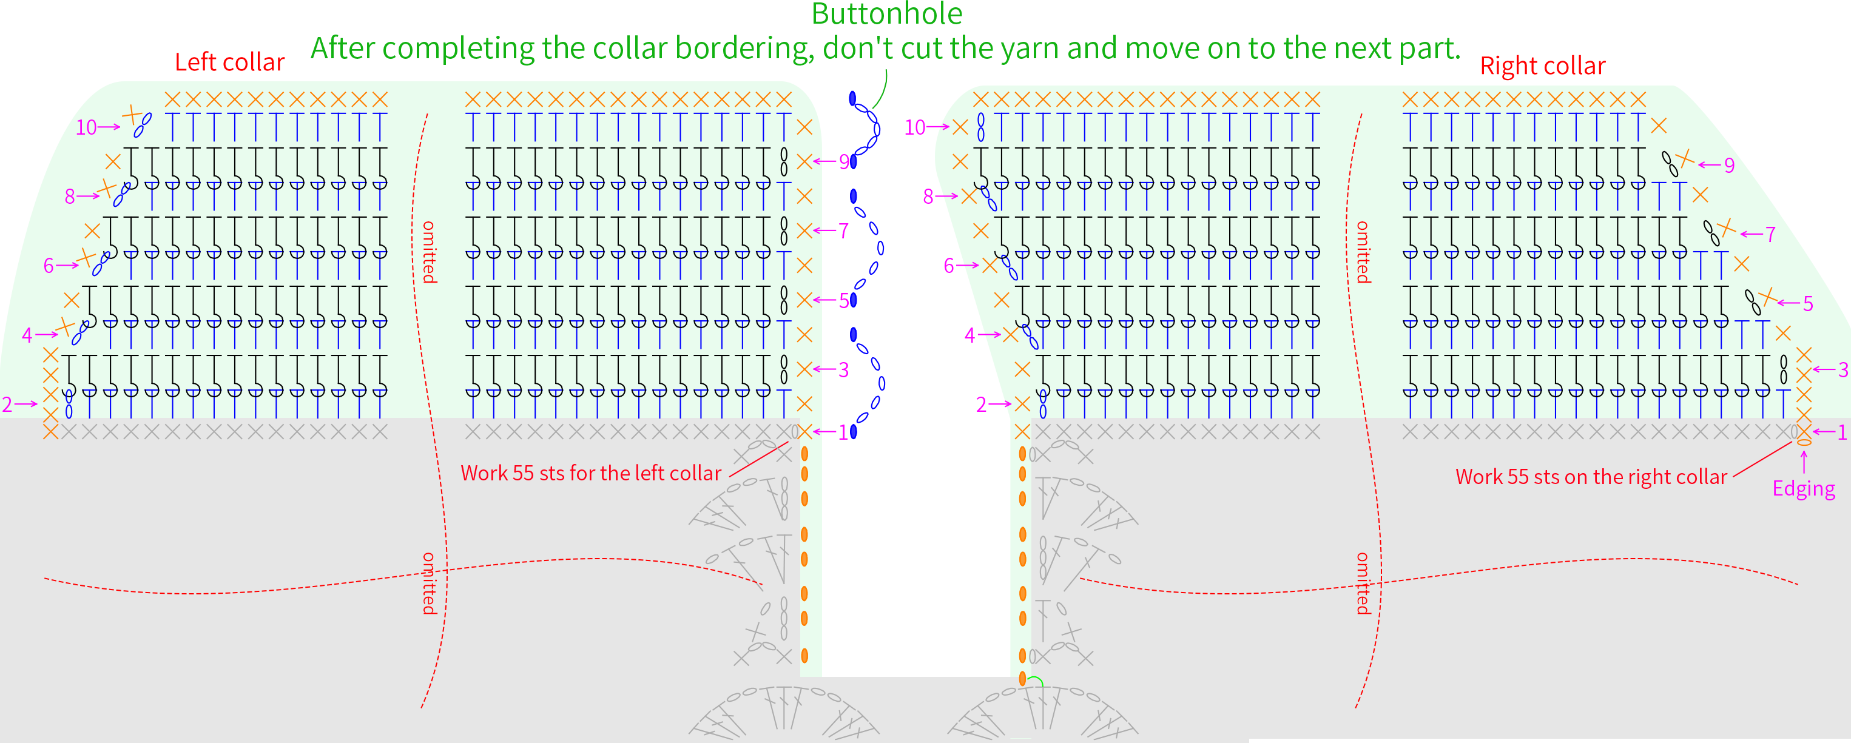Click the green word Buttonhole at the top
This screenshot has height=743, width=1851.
(x=887, y=14)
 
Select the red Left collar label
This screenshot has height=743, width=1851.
(x=229, y=62)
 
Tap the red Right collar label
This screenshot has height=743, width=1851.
(x=1543, y=66)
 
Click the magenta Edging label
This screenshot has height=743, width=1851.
(x=1804, y=489)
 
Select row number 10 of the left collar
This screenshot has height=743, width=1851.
(x=86, y=127)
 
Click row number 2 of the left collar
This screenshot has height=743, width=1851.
(x=7, y=405)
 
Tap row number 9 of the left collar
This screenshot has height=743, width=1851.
(x=845, y=162)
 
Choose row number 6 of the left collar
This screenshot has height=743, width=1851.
(x=48, y=266)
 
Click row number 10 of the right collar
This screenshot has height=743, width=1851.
(x=915, y=127)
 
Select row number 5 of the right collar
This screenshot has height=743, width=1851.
(x=1808, y=303)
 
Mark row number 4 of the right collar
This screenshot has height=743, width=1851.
(x=970, y=335)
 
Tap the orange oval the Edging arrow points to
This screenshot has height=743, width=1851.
(x=1804, y=443)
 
